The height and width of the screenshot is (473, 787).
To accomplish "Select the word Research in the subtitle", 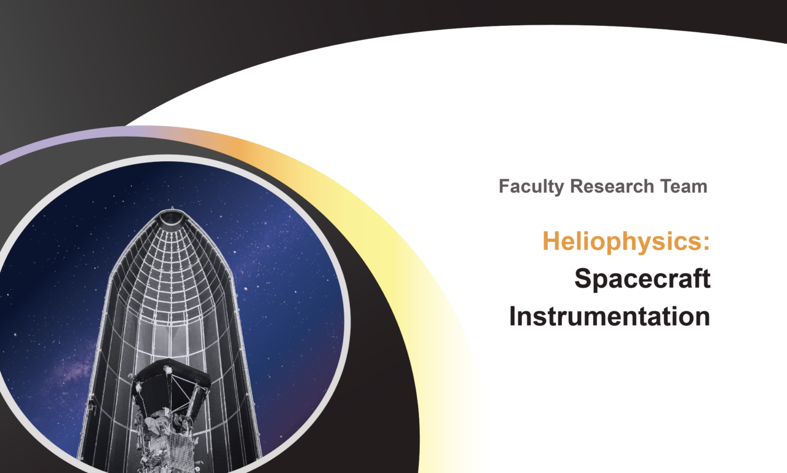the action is point(612,186).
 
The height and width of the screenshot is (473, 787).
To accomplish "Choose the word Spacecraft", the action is point(643,279).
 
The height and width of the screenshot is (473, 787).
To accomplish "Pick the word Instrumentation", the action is point(609,316).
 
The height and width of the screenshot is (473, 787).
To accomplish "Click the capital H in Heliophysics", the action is point(551,240).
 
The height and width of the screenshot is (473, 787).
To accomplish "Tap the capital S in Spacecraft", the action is point(583,278).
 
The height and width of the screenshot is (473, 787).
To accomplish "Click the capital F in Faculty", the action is point(505,186).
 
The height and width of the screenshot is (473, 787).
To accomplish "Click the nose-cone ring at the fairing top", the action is point(172,217).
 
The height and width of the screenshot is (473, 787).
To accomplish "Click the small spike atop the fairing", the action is point(172,208).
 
